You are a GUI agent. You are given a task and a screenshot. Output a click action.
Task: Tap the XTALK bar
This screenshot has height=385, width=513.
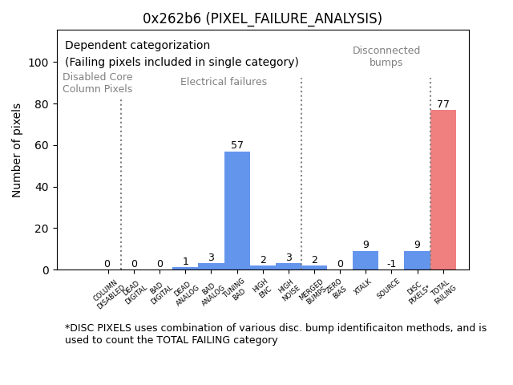[x=366, y=260]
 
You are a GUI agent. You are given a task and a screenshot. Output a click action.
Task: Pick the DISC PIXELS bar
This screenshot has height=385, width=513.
[x=417, y=260]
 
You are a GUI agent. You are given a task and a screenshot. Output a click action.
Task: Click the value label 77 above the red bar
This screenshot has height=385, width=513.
[x=443, y=104]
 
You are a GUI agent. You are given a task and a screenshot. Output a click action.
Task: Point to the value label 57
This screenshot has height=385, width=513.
[x=237, y=145]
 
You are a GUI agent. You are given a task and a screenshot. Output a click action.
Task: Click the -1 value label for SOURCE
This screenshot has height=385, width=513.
[x=391, y=264]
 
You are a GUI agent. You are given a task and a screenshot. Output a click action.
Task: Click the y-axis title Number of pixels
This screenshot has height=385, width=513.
[x=17, y=150]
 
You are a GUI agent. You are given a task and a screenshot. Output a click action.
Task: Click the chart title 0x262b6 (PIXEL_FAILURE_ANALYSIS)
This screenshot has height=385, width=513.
[x=262, y=18]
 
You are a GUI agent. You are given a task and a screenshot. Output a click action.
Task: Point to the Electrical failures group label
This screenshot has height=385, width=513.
[x=224, y=82]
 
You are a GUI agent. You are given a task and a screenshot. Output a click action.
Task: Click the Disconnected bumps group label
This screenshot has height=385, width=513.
[x=386, y=56]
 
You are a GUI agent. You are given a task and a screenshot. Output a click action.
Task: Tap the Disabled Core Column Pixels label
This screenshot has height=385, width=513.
[x=98, y=83]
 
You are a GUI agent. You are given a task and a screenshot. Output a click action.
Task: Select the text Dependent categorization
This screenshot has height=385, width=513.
[x=137, y=46]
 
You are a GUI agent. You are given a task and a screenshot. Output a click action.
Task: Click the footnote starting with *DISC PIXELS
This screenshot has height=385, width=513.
[x=275, y=334]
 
